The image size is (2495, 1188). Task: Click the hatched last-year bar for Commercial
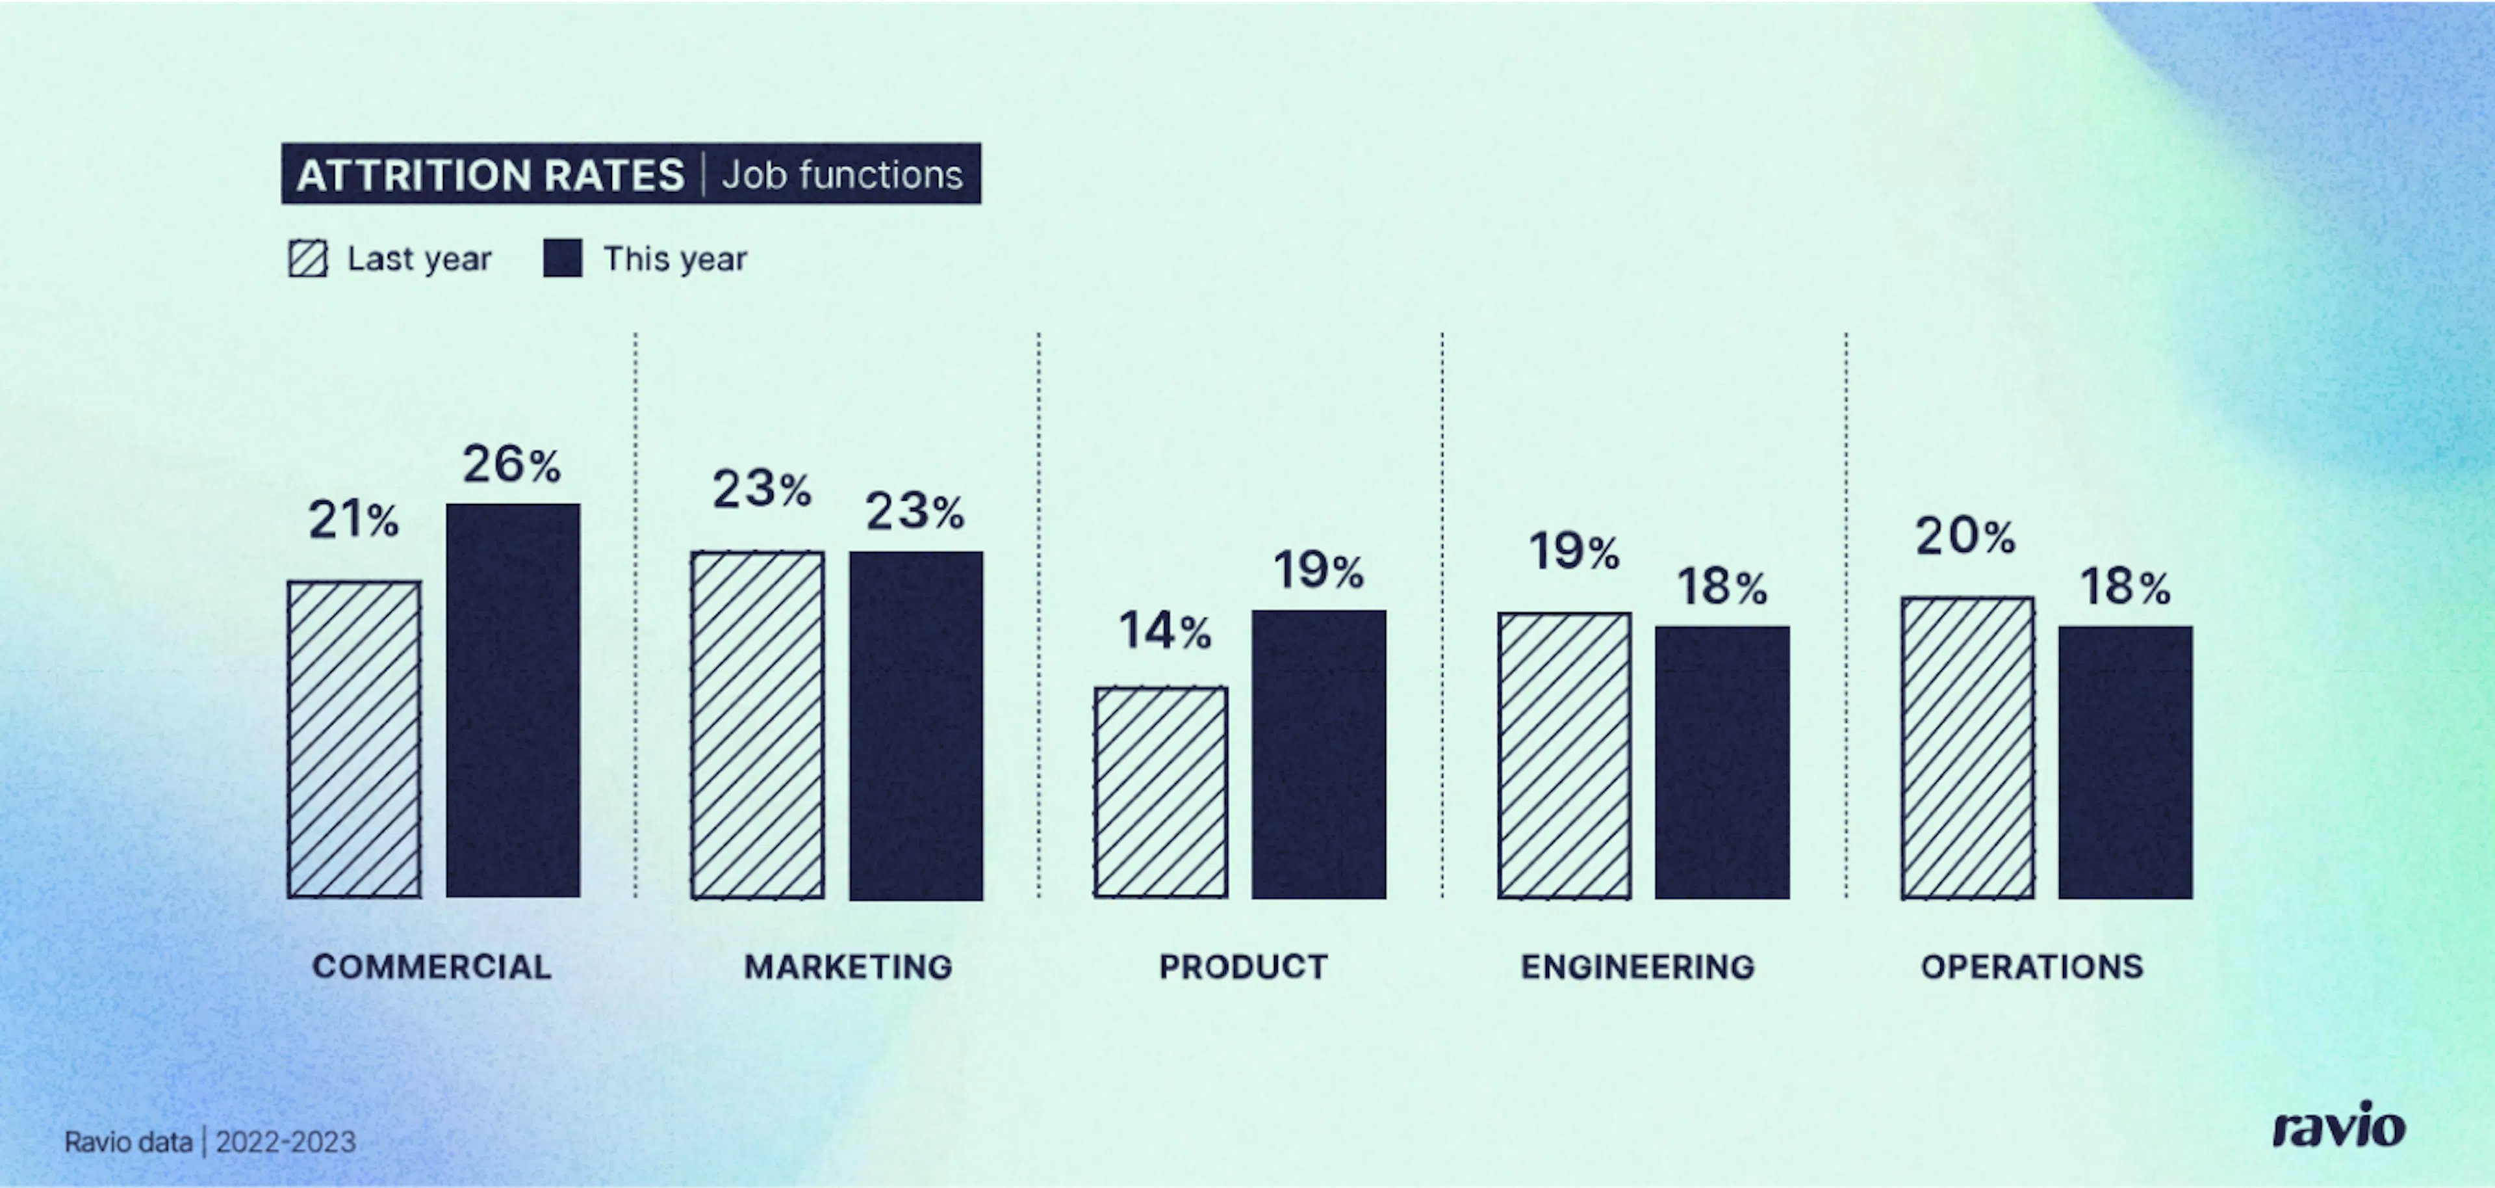click(355, 739)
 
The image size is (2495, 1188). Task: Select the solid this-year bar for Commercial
click(513, 700)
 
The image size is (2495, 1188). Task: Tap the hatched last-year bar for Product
click(1161, 793)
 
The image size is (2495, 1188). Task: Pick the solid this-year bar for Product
click(1319, 754)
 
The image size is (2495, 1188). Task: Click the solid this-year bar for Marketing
click(916, 726)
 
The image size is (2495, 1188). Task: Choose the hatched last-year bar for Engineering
click(1564, 756)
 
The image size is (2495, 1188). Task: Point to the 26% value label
click(511, 464)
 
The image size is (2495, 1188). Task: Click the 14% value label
click(1165, 631)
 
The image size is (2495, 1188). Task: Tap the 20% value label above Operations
click(1966, 536)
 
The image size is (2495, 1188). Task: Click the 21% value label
click(353, 520)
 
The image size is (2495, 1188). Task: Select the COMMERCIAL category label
click(432, 966)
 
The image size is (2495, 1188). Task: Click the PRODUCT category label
click(1244, 966)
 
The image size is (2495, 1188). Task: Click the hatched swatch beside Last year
click(308, 259)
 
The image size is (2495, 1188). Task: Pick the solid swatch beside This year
click(563, 259)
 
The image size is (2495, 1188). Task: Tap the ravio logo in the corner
click(2339, 1125)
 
